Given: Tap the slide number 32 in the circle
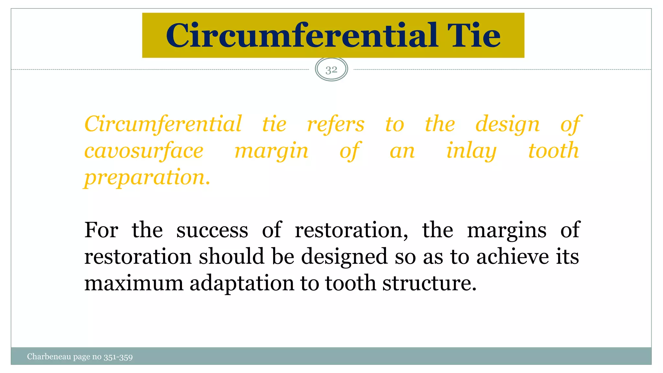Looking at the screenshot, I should point(331,69).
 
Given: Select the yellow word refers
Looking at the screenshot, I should point(336,124).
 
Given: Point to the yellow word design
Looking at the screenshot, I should point(507,125).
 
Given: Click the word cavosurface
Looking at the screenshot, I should point(144,151).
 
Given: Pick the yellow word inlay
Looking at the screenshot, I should point(471,151).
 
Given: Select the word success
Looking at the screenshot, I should point(212,231).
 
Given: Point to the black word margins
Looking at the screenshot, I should point(507,231).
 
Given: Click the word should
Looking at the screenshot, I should point(231,256).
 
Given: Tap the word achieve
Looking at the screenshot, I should point(512,256).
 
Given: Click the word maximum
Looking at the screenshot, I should point(134,283).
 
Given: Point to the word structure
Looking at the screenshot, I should point(429,283).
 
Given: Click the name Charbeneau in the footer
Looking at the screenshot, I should point(49,357).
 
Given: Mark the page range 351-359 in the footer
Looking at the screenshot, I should point(118,357).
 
